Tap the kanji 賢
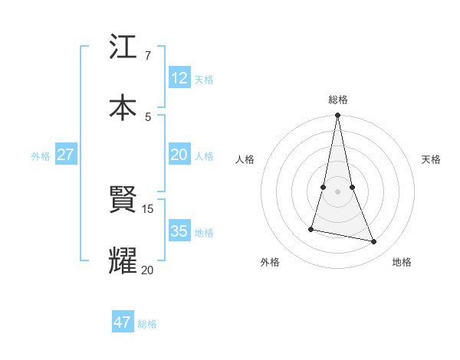(123, 201)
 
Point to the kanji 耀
(123, 260)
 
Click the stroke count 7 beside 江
(148, 56)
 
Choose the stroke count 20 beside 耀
(147, 269)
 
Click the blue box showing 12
(179, 77)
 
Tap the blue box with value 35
(179, 231)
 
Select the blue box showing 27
(66, 155)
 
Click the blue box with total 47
(123, 322)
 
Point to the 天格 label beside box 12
(204, 79)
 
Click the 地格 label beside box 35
(204, 233)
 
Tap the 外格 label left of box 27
(41, 156)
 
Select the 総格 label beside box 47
(147, 324)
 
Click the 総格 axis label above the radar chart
(338, 100)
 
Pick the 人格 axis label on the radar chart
(245, 159)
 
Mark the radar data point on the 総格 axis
(337, 116)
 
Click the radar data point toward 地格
(374, 241)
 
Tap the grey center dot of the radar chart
(337, 191)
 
